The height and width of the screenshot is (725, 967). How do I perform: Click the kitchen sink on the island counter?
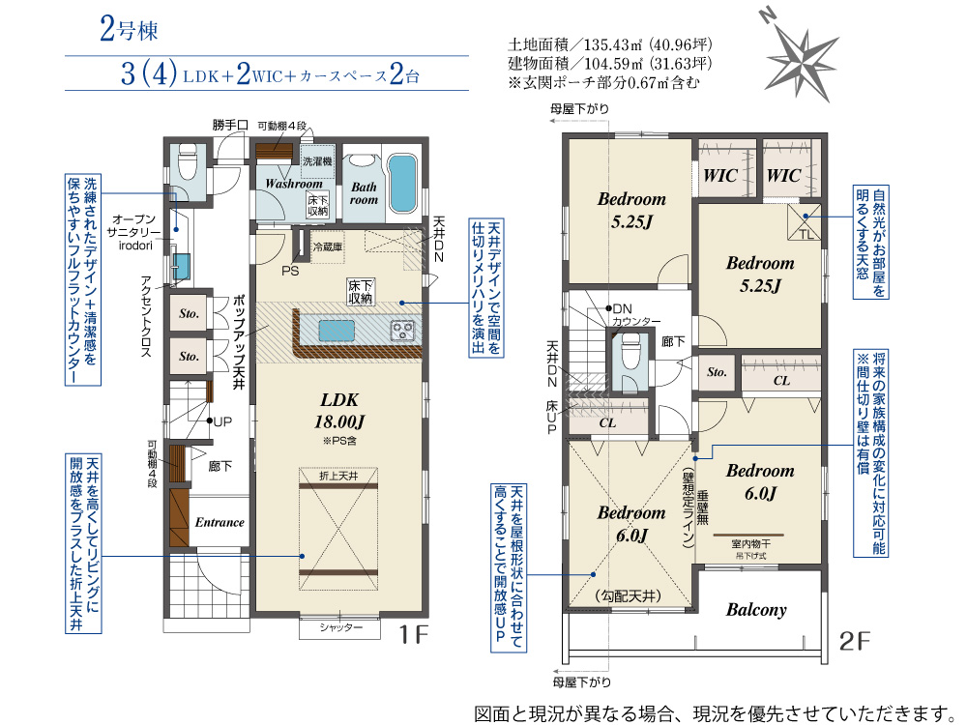339,330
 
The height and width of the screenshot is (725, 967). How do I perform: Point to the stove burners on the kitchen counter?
403,330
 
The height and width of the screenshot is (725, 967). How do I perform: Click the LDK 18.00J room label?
339,411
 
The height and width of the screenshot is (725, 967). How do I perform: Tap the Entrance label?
220,522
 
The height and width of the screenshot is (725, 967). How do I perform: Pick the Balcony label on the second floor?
756,610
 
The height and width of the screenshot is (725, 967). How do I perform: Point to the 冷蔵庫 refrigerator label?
328,247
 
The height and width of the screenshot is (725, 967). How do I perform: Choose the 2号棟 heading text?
128,30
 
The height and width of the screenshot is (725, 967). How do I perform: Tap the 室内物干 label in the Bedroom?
750,545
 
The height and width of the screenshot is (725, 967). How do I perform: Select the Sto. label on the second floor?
717,372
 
